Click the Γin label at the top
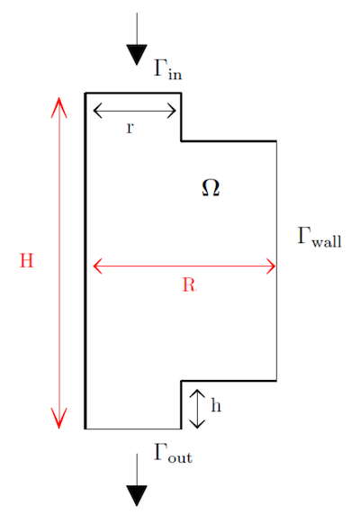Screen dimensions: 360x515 coord(167,69)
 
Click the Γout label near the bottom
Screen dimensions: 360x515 coord(173,453)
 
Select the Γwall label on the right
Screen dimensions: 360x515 coord(319,237)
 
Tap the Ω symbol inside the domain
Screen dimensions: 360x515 coord(211,188)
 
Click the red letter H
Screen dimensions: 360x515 coord(27,260)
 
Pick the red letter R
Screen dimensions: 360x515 coord(189,285)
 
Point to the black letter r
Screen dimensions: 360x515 coord(130,128)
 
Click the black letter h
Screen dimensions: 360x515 coord(216,404)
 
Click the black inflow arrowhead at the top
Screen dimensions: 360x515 coord(137,55)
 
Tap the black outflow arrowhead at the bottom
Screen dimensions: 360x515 coord(137,495)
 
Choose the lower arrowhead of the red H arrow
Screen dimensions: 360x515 coord(59,418)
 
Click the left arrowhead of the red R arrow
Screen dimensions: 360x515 coord(97,266)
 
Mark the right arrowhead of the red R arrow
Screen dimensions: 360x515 coord(271,266)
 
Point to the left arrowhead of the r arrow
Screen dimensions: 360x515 coord(97,111)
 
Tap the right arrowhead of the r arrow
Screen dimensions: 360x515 coord(172,111)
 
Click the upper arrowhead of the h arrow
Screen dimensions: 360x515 coord(197,393)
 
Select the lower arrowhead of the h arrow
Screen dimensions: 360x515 coord(197,424)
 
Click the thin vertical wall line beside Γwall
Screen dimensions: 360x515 coord(276,261)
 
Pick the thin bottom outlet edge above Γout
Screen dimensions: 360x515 coord(133,429)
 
